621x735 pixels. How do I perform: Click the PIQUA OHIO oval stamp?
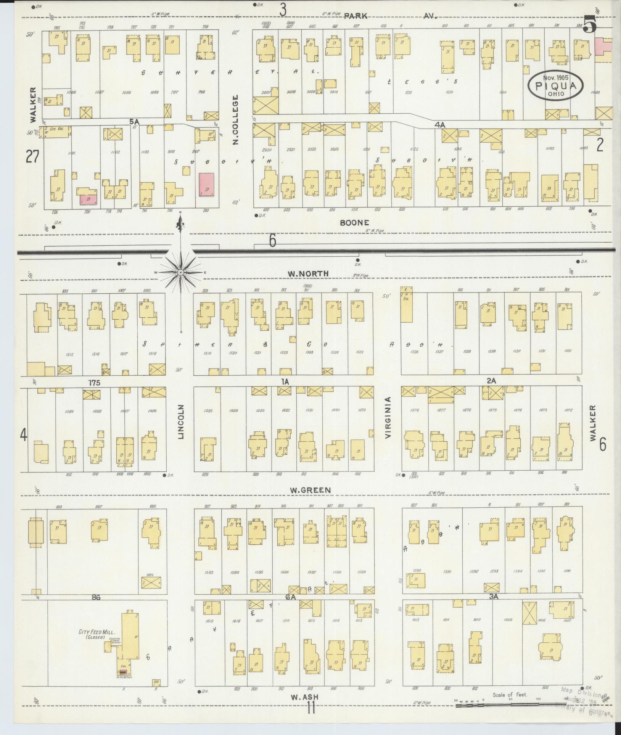point(556,86)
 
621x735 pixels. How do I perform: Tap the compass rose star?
point(180,272)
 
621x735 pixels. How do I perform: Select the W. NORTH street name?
point(309,273)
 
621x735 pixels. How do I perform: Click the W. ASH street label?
point(304,697)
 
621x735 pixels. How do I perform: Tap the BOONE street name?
point(354,222)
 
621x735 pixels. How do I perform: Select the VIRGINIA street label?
point(388,417)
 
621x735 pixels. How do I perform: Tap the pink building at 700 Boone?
point(206,185)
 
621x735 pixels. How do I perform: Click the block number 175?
point(94,383)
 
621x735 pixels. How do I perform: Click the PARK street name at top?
point(356,16)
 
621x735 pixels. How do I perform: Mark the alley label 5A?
point(134,121)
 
